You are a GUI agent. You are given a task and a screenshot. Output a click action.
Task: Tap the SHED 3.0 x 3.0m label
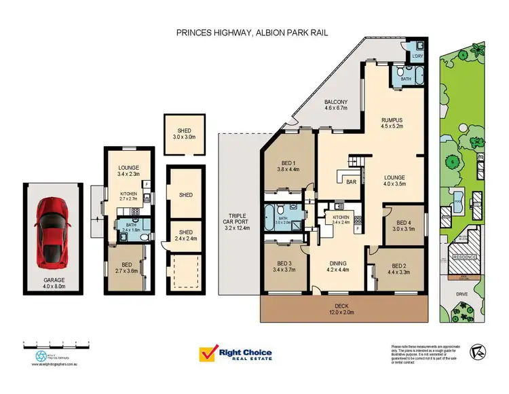pos(185,134)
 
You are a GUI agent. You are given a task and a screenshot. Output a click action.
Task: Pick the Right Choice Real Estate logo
pos(235,355)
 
